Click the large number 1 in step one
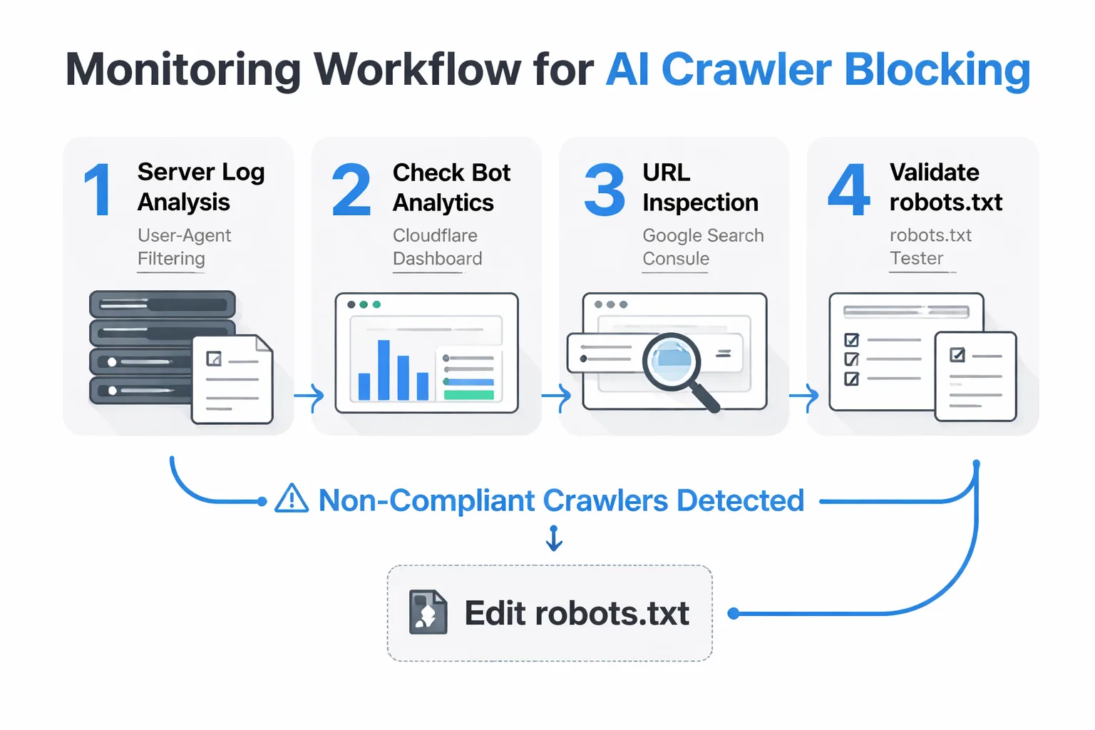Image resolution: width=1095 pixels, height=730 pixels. click(98, 189)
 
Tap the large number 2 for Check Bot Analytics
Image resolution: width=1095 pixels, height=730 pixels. click(351, 190)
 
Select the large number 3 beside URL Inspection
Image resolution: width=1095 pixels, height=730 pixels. click(604, 190)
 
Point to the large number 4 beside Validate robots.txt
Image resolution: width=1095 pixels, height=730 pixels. click(848, 190)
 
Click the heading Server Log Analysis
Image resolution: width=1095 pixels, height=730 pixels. click(200, 187)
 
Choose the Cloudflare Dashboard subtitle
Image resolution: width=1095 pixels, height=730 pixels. click(437, 247)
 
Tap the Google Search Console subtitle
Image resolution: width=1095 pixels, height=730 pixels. click(702, 247)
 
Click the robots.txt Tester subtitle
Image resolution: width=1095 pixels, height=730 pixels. click(930, 247)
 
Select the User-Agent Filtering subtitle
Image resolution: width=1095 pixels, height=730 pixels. click(184, 247)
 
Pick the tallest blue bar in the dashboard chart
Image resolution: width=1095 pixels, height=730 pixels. click(384, 370)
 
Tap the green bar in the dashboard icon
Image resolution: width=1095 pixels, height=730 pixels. click(468, 394)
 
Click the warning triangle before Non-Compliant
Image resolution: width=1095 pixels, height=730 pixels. click(292, 499)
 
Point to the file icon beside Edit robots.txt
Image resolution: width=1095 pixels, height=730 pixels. click(428, 612)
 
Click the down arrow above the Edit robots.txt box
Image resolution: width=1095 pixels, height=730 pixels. click(554, 538)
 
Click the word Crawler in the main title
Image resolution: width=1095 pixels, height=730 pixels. click(746, 70)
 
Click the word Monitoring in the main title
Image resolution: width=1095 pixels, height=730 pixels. click(183, 70)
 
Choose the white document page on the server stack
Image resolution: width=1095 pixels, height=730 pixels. click(232, 379)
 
